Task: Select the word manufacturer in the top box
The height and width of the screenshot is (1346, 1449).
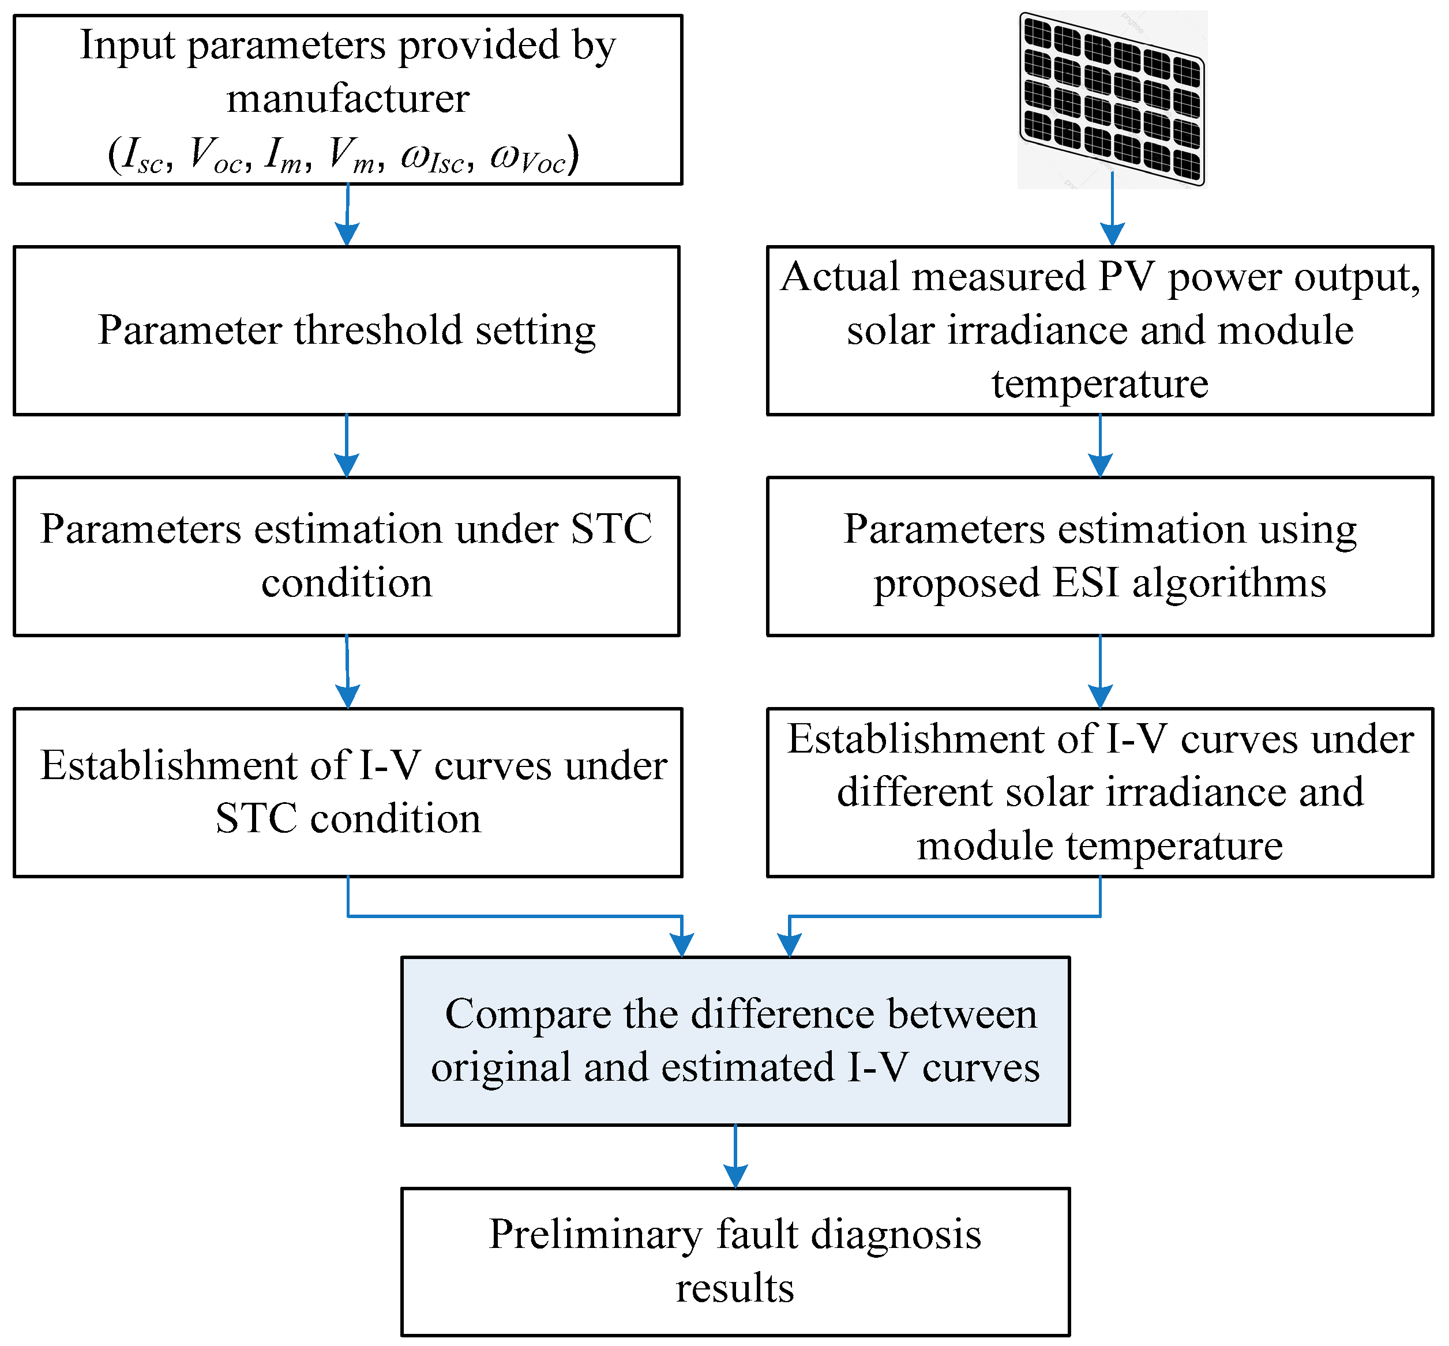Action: point(347,99)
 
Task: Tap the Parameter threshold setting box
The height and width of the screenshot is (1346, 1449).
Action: point(347,330)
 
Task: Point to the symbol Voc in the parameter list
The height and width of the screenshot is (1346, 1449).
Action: point(216,155)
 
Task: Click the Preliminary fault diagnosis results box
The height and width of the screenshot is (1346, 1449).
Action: point(735,1261)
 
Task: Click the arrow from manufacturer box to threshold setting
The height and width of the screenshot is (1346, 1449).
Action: point(347,215)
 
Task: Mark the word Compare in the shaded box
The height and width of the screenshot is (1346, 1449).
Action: point(527,1014)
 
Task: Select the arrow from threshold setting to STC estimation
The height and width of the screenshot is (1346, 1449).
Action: point(347,446)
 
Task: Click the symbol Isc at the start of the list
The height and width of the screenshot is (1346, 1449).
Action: point(142,155)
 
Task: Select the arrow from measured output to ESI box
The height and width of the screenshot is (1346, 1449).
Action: point(1099,446)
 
